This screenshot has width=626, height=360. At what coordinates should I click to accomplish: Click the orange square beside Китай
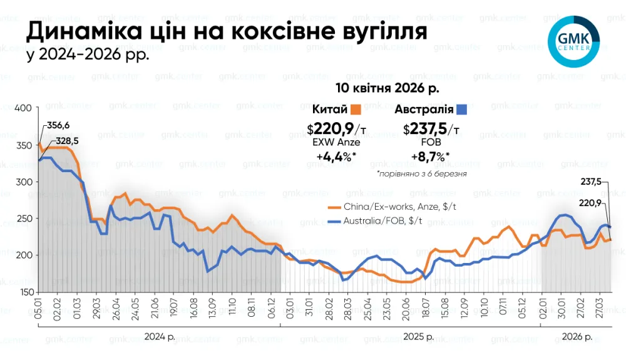pos(356,109)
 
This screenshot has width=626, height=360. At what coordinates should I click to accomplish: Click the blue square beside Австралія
pos(463,109)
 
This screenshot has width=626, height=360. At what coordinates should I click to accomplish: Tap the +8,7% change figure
pos(432,157)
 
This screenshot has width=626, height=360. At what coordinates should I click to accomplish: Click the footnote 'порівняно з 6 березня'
pos(421,172)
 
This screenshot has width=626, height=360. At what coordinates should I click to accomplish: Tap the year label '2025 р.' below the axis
pos(419,337)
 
